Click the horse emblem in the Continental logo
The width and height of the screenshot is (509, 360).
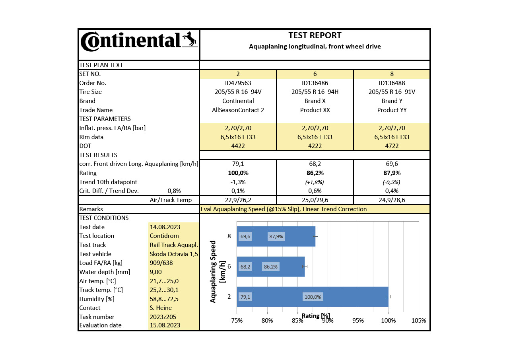click(190, 39)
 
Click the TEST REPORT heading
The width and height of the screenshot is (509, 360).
click(315, 35)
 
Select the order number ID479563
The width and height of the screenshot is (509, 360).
click(238, 83)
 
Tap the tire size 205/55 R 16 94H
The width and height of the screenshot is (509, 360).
click(315, 92)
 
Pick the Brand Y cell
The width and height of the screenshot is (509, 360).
click(392, 101)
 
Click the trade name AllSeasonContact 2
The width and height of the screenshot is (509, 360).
click(238, 110)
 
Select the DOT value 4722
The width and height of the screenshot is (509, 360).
click(392, 146)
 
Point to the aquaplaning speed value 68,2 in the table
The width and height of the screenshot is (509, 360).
click(315, 164)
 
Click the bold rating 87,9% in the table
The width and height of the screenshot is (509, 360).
click(392, 173)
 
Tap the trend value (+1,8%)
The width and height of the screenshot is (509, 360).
click(315, 182)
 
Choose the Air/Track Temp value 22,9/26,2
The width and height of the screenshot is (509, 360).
click(238, 200)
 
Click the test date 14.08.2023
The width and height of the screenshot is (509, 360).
click(165, 227)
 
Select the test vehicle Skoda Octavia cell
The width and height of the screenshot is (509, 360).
click(174, 254)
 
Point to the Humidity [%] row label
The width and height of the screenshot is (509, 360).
click(97, 299)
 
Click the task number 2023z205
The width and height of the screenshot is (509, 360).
click(163, 317)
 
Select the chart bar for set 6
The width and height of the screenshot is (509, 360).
click(271, 267)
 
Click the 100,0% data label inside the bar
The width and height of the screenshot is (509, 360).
click(313, 297)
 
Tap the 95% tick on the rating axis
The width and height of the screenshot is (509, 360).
click(358, 321)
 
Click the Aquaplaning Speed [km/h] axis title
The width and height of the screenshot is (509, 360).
click(218, 272)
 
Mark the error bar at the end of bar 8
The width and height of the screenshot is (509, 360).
click(315, 236)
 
